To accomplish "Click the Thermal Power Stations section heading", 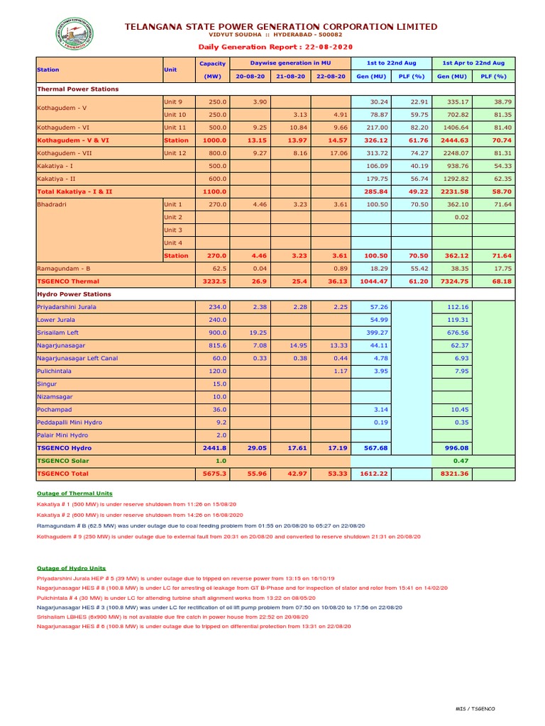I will [x=78, y=89].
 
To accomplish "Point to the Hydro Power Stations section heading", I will [x=75, y=294].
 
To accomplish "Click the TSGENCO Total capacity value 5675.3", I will [x=215, y=474].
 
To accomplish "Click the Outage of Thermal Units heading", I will [x=75, y=493].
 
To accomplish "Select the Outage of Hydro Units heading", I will [x=71, y=569].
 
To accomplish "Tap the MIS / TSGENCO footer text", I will [x=475, y=709].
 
